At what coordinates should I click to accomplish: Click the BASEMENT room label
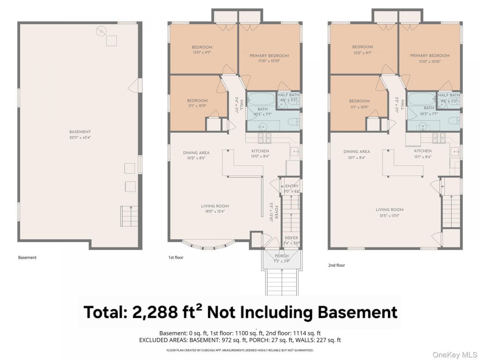pyautogui.click(x=80, y=132)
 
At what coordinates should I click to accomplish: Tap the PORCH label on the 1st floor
pyautogui.click(x=282, y=256)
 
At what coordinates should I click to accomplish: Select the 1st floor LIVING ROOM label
pyautogui.click(x=215, y=206)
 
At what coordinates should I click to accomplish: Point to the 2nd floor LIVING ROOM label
pyautogui.click(x=389, y=210)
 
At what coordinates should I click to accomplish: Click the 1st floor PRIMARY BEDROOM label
pyautogui.click(x=269, y=56)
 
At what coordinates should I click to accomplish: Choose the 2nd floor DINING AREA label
pyautogui.click(x=357, y=151)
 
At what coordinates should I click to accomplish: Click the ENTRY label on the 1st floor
pyautogui.click(x=292, y=186)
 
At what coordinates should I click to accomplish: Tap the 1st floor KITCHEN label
pyautogui.click(x=260, y=151)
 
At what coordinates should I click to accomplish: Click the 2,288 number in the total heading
pyautogui.click(x=154, y=312)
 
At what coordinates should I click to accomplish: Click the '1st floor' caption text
pyautogui.click(x=176, y=258)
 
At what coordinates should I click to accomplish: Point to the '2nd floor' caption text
pyautogui.click(x=336, y=265)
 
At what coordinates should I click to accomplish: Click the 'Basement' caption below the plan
pyautogui.click(x=27, y=258)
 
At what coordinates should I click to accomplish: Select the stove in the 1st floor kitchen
pyautogui.click(x=265, y=138)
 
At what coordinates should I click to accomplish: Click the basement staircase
pyautogui.click(x=129, y=216)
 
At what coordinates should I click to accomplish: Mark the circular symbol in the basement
pyautogui.click(x=101, y=31)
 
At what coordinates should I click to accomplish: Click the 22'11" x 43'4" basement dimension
pyautogui.click(x=80, y=138)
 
